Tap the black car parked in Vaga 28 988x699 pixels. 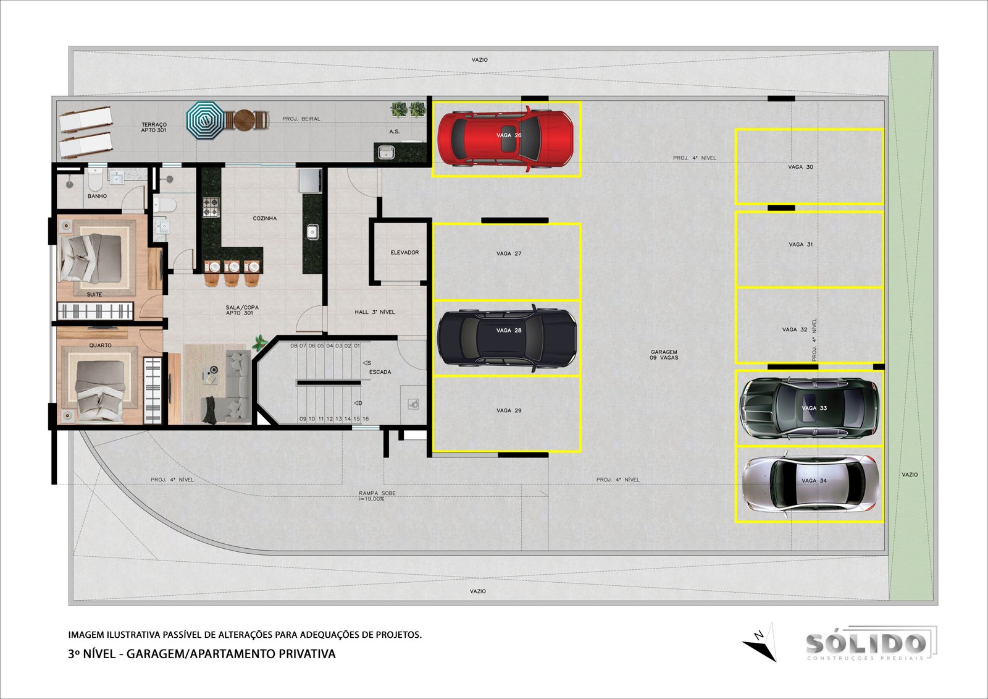pyautogui.click(x=507, y=338)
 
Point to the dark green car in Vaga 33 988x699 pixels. pyautogui.click(x=809, y=407)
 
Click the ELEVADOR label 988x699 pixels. pyautogui.click(x=404, y=253)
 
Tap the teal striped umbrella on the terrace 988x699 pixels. pyautogui.click(x=205, y=120)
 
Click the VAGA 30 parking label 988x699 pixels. pyautogui.click(x=800, y=167)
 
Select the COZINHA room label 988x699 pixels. pyautogui.click(x=265, y=218)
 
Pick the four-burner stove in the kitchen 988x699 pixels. pyautogui.click(x=211, y=207)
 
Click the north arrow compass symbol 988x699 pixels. pyautogui.click(x=761, y=643)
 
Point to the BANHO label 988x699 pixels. pyautogui.click(x=97, y=196)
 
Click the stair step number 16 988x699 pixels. pyautogui.click(x=366, y=418)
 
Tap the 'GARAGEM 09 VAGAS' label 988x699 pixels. pyautogui.click(x=664, y=355)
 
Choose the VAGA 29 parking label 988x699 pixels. pyautogui.click(x=509, y=410)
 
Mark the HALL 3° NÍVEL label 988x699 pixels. pyautogui.click(x=375, y=311)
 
